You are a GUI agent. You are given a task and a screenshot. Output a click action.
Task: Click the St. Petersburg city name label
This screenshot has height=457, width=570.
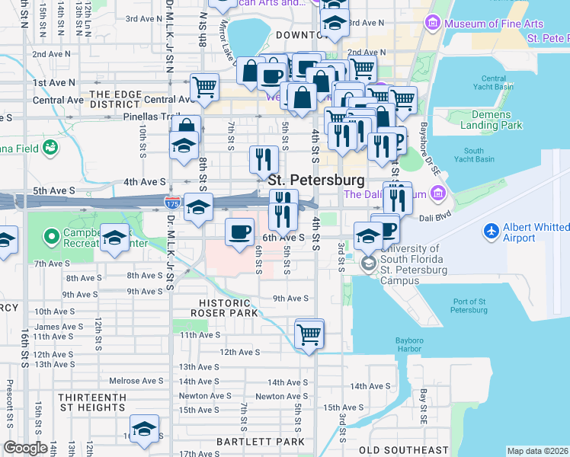[x=315, y=181]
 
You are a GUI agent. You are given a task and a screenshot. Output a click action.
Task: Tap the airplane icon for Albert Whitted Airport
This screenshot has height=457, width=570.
[x=492, y=229]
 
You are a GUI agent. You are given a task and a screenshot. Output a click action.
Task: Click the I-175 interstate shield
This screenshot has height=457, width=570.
[x=172, y=203]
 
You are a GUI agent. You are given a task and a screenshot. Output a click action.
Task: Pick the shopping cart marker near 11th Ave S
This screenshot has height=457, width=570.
[x=309, y=334]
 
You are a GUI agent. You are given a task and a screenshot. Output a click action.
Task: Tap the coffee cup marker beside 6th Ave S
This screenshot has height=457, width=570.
[x=240, y=231]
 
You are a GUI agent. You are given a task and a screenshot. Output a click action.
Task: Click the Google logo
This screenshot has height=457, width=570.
[x=25, y=448]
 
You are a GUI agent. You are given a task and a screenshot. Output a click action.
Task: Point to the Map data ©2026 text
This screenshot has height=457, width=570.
[x=537, y=450]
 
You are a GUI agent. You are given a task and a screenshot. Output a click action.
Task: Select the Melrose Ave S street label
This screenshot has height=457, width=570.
[x=136, y=381]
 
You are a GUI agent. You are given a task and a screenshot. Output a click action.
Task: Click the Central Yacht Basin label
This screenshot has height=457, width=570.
[x=494, y=84]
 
